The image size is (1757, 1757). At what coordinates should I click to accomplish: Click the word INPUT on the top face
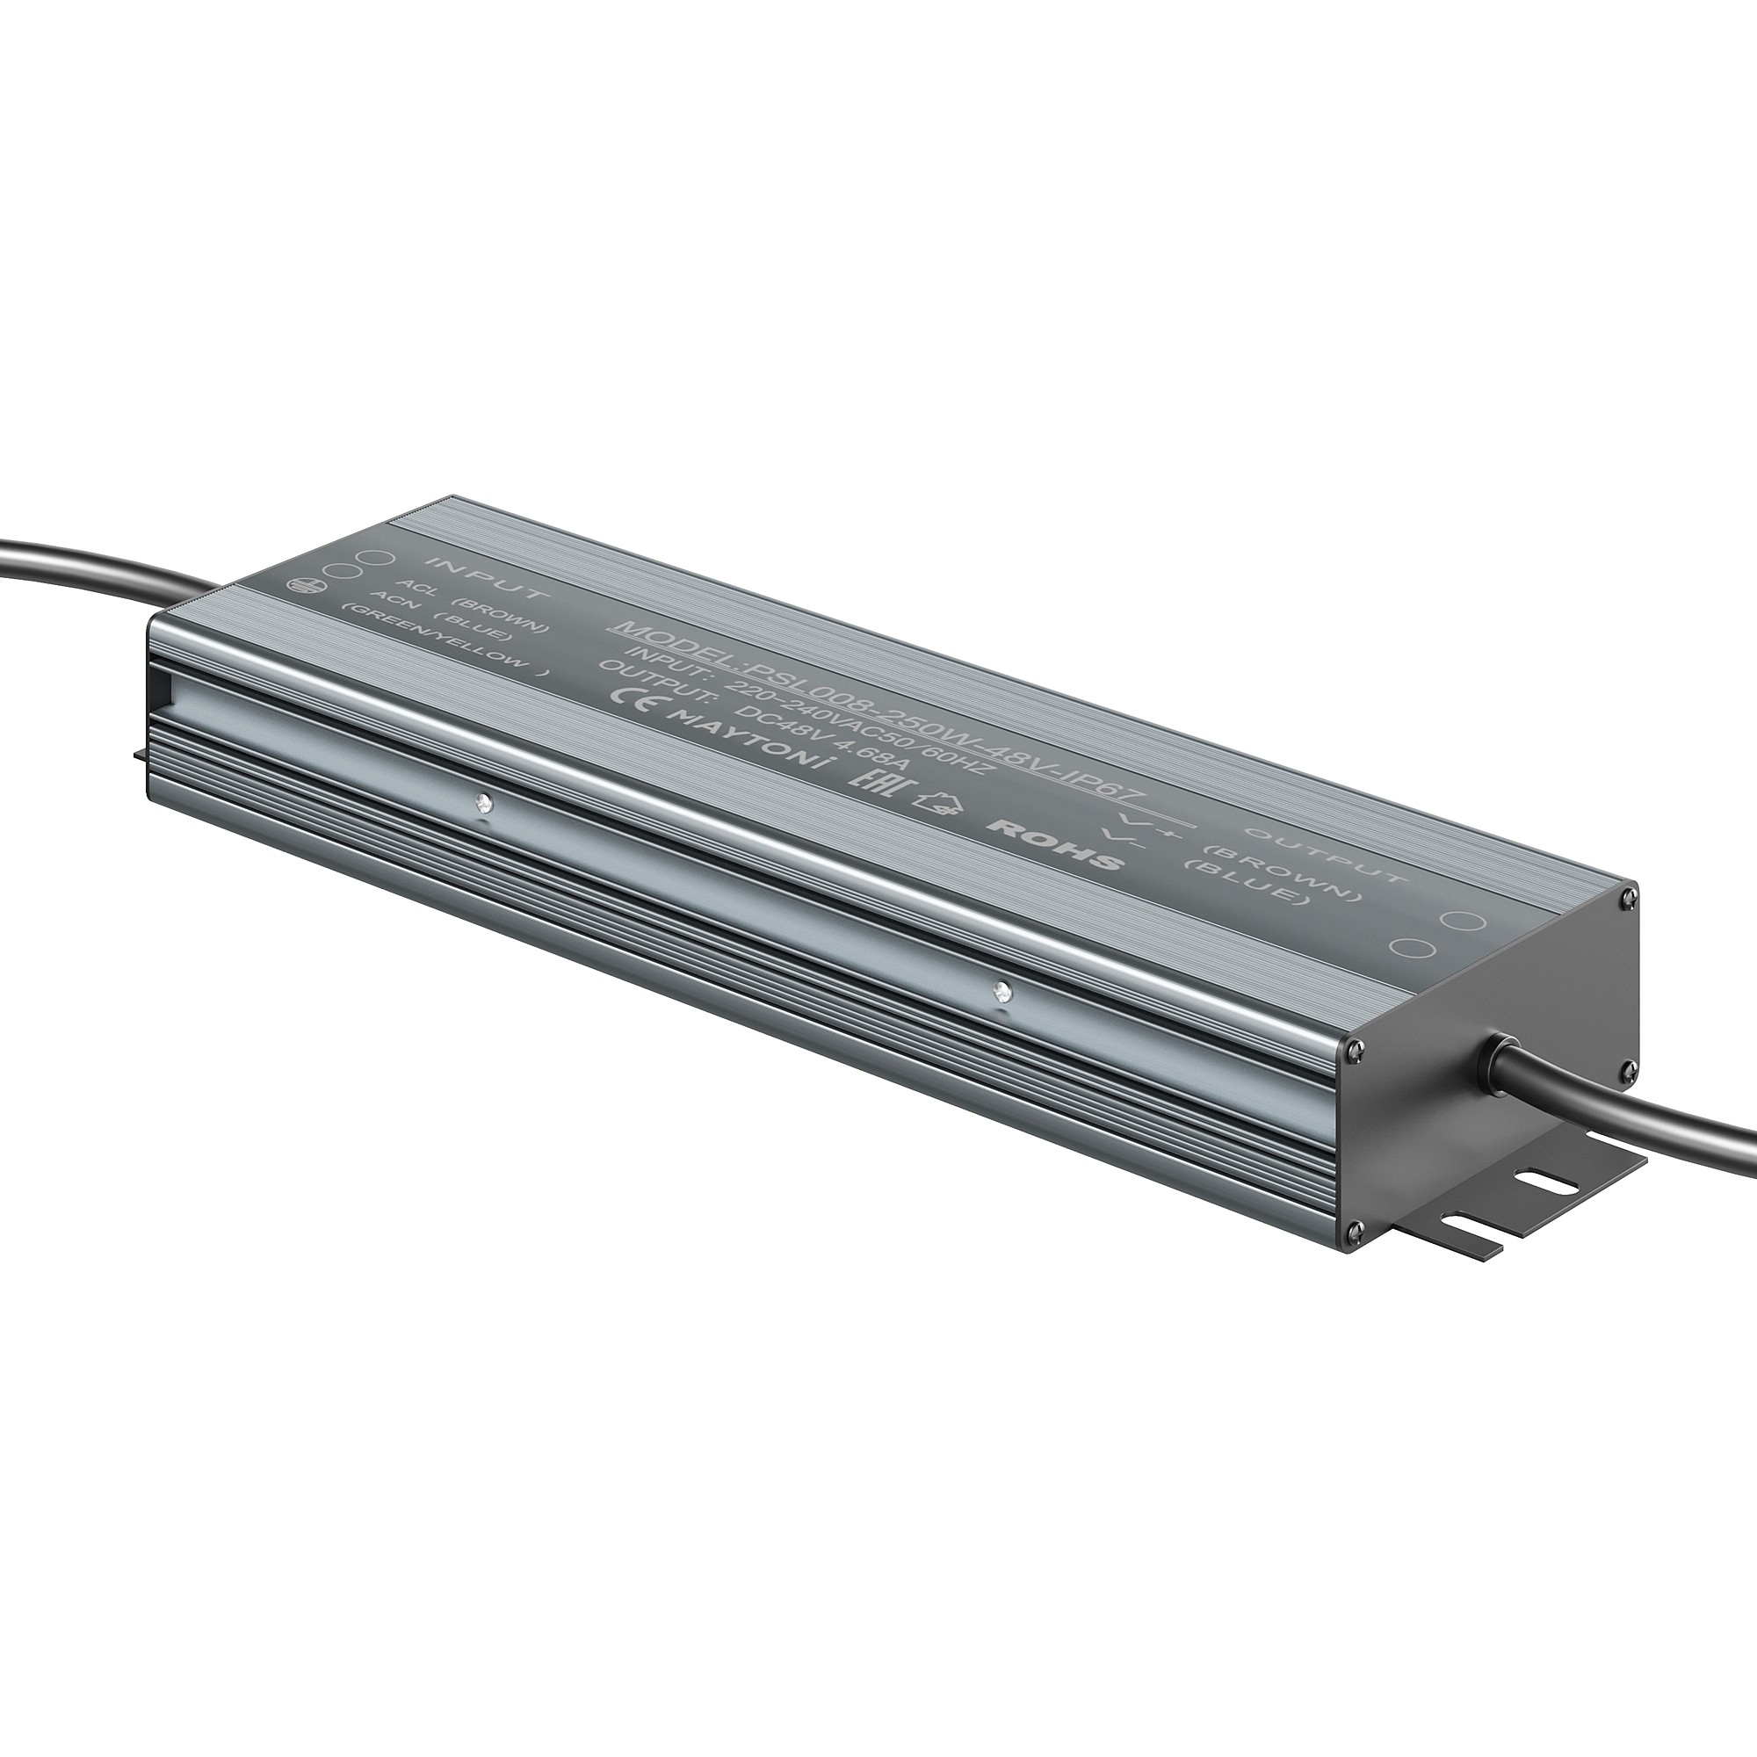488,579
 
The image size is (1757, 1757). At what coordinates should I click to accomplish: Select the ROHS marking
1056,845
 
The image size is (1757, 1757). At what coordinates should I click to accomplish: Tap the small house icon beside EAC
937,801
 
